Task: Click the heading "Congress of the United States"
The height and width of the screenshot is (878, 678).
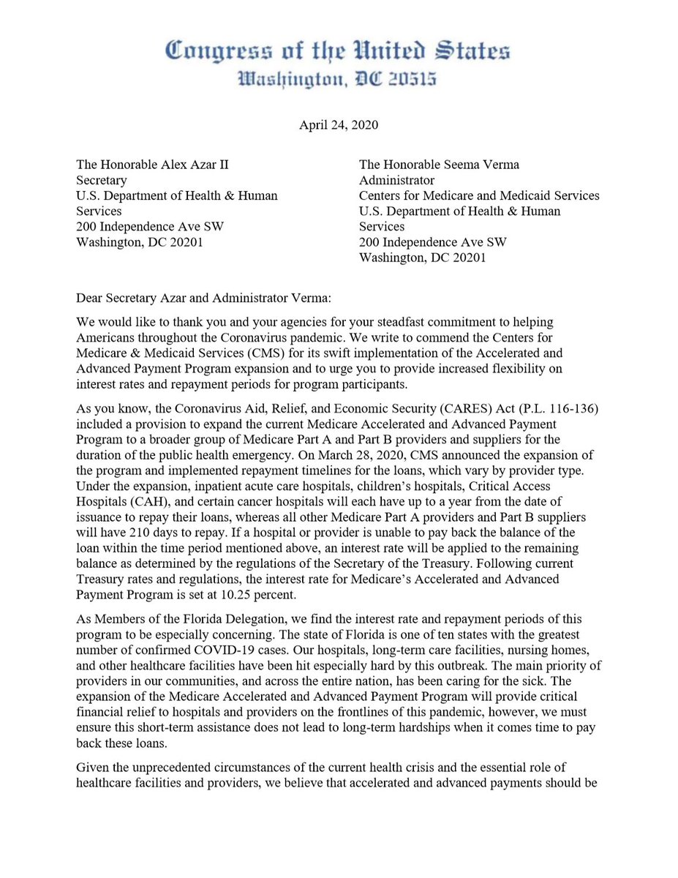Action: point(338,52)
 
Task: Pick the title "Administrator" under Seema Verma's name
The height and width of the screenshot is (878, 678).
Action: point(396,180)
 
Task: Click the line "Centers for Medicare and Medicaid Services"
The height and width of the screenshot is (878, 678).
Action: point(479,195)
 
